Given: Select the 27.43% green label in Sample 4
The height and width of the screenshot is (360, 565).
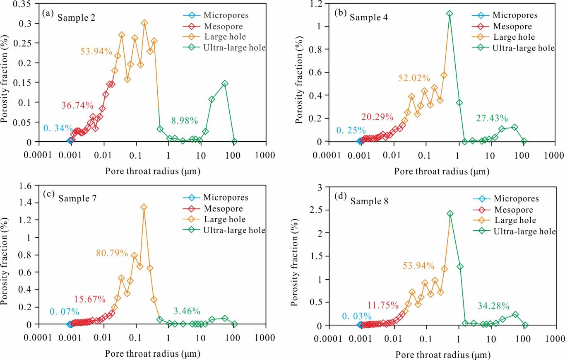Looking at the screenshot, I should coord(492,119).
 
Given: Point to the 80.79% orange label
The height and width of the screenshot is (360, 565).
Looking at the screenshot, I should coord(112,252).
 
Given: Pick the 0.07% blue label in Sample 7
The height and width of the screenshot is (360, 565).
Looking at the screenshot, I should coord(64,312).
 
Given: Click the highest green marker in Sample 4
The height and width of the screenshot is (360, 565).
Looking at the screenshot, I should coord(450,14).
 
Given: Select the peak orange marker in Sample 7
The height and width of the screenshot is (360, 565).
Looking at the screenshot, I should coord(144,207).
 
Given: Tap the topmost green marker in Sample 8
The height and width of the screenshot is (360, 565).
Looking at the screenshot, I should coord(450,214).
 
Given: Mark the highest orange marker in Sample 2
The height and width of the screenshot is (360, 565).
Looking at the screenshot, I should coord(144,23).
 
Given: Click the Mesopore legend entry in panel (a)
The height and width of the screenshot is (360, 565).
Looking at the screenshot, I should coord(222,27).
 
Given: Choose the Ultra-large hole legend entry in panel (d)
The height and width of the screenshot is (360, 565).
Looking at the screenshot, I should coord(524,231).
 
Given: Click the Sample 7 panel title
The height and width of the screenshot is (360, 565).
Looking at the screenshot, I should coord(77,198).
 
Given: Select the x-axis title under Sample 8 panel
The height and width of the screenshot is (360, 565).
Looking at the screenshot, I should coord(442,355).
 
